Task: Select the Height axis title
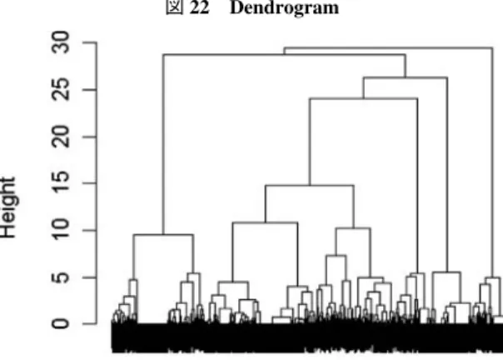point(7,207)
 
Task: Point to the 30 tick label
point(61,42)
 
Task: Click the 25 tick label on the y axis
point(61,90)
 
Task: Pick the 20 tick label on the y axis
point(61,137)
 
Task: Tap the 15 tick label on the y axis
point(61,183)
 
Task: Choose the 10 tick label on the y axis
point(61,230)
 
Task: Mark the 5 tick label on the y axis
point(61,277)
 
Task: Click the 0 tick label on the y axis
point(61,323)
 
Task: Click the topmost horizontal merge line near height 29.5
point(388,47)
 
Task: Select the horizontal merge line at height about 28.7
point(284,55)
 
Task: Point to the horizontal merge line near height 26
point(406,77)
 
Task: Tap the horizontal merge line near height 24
point(363,98)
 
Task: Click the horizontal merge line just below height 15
point(310,185)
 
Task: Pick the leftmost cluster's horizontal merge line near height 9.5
point(163,235)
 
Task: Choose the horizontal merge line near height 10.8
point(266,222)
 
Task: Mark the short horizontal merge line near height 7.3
point(336,256)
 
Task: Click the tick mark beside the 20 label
point(90,137)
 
